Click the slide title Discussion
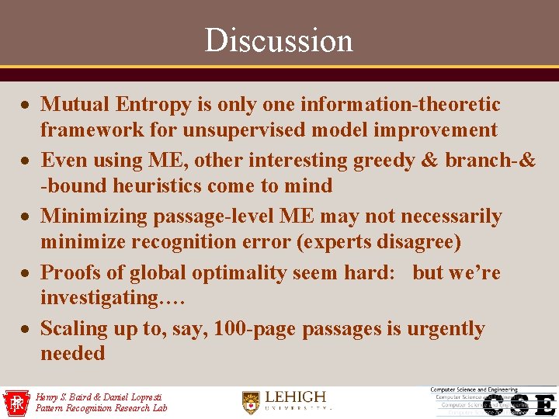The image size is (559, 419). [279, 40]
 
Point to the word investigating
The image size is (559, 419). [99, 297]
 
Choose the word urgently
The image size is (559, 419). [445, 328]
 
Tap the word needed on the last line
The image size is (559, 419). [72, 353]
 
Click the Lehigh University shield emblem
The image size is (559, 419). [250, 401]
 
